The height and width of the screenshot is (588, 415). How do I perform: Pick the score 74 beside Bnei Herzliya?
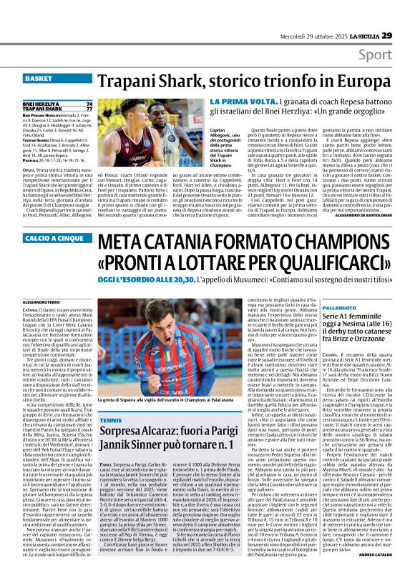(x=88, y=103)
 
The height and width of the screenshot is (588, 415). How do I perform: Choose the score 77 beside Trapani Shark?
(x=88, y=108)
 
